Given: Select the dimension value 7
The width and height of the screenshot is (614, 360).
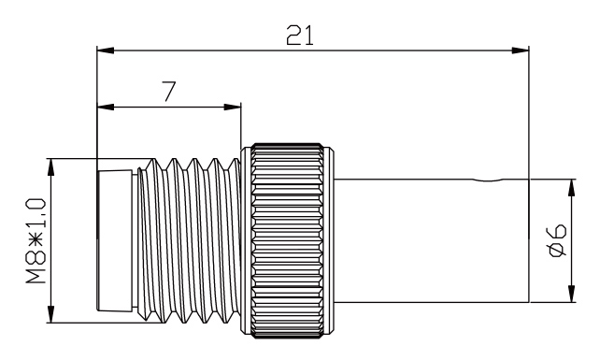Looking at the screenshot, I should tap(169, 92).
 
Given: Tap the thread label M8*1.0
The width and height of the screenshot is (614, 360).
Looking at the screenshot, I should tap(36, 238).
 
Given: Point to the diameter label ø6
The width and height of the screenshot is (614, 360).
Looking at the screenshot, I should tap(553, 240).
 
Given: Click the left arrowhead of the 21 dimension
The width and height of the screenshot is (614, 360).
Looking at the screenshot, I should tap(103, 48).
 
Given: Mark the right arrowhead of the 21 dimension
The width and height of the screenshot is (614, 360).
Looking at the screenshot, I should tap(522, 48).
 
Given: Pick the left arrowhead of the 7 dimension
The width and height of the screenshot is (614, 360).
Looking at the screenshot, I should tap(103, 106).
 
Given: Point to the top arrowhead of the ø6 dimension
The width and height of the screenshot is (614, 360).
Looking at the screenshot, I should tap(572, 183).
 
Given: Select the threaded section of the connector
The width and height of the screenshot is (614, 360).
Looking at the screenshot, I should tap(192, 239).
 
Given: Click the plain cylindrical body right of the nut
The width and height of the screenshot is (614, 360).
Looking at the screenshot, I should tap(430, 239).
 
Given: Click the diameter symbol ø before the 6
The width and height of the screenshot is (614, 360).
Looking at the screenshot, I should tap(553, 250).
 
